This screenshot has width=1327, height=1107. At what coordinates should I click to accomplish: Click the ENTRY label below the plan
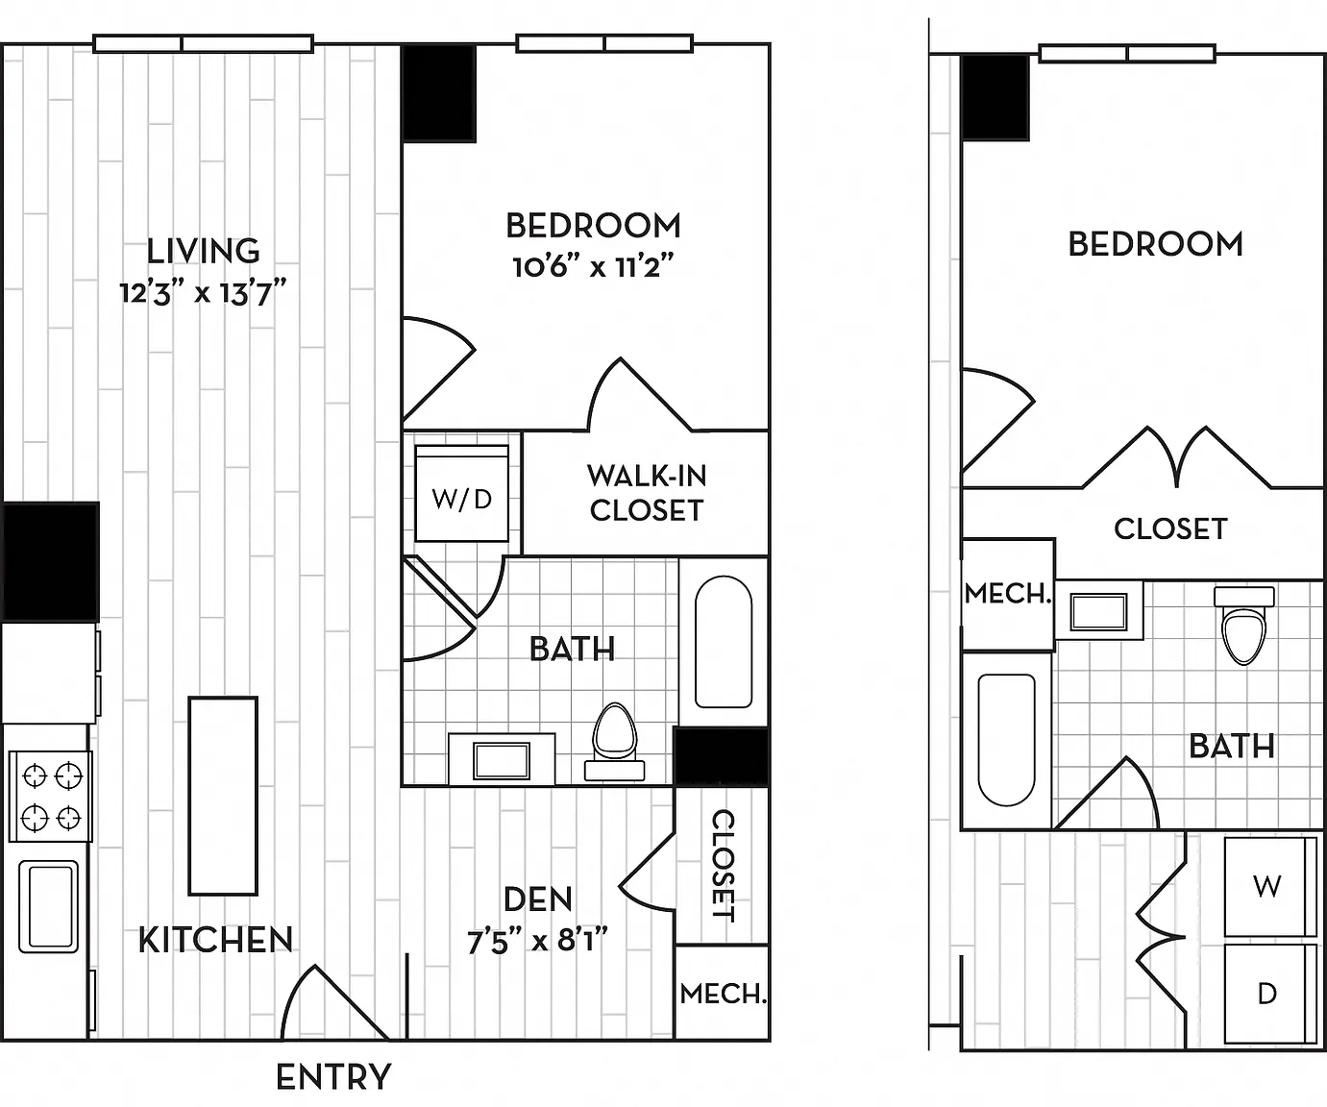tap(333, 1077)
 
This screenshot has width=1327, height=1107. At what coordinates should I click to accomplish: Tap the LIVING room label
tap(204, 251)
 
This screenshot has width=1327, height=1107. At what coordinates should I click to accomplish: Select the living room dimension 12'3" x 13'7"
tap(204, 294)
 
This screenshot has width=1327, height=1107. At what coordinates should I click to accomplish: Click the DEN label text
tap(538, 899)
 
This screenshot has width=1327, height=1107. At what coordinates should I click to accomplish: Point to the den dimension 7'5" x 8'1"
tap(538, 941)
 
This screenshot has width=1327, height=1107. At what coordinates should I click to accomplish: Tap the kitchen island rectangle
tap(223, 797)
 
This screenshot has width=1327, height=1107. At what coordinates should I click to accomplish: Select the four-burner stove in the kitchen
tap(51, 797)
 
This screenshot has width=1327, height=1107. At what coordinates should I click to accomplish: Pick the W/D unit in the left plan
tap(462, 493)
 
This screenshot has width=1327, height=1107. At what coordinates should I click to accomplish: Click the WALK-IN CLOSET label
tap(647, 493)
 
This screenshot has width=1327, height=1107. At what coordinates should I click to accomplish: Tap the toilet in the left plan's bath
tap(615, 742)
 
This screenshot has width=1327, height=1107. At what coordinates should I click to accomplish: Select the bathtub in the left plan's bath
tap(724, 642)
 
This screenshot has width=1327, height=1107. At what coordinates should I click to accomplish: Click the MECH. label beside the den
tap(723, 994)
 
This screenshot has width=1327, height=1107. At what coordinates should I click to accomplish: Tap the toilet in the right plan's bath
tap(1243, 626)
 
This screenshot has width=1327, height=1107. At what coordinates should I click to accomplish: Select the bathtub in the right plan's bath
tap(1007, 740)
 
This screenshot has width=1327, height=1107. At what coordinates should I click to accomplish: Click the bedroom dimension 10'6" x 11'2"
tap(593, 267)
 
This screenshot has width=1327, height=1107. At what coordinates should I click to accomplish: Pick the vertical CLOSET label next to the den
tap(724, 866)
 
